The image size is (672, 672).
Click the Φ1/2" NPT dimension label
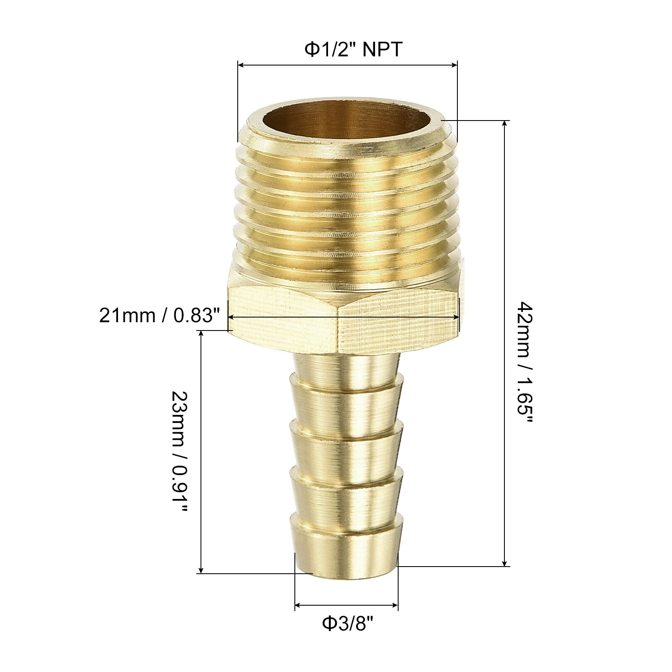pos(353,50)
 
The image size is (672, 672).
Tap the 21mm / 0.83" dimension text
pos(160,315)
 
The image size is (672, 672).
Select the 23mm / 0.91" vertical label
pos(179,451)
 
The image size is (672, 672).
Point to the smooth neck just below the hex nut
pos(346,365)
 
